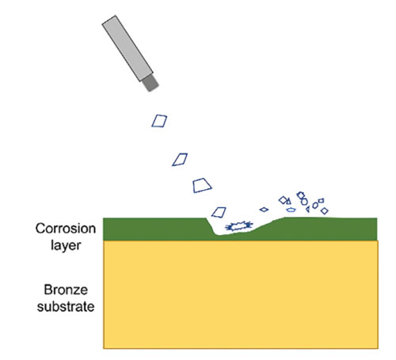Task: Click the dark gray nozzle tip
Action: coord(150,84)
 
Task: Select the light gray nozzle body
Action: coord(128,48)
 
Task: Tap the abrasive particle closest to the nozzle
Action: coord(159,121)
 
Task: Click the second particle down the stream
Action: coord(180,160)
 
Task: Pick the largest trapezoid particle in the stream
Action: coord(202,186)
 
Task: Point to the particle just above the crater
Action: coord(219,212)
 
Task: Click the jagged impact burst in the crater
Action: coord(239,226)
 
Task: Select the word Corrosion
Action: coord(66,229)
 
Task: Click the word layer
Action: coord(66,245)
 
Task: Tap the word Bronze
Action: coord(66,290)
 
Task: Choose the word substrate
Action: coord(66,307)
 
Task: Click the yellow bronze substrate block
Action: coord(241,294)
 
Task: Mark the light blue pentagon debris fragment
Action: coord(291,210)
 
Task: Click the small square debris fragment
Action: coord(321,201)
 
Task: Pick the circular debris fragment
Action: coord(304,202)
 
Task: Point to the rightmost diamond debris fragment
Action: coord(325,210)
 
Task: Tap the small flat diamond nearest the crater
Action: coord(264,210)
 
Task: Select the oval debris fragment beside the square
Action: coord(315,205)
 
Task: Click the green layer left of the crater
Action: coord(154,229)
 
